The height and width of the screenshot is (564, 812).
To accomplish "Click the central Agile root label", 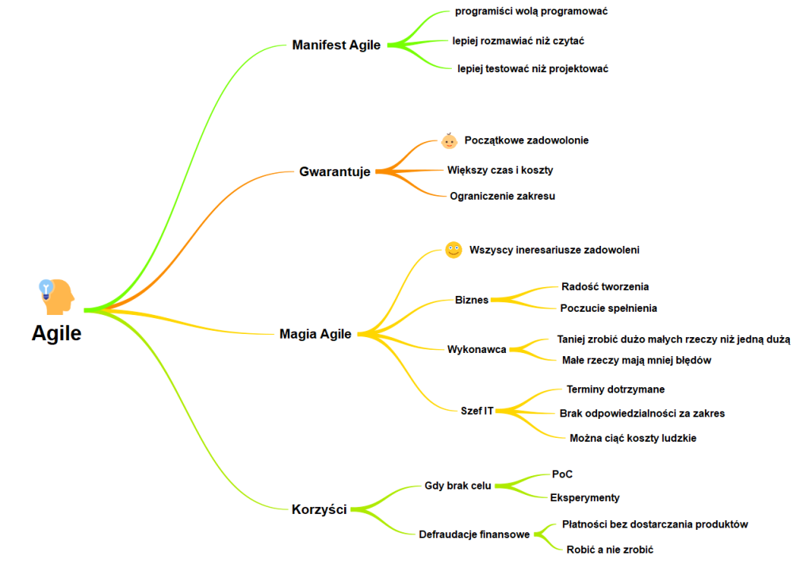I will click(x=56, y=333).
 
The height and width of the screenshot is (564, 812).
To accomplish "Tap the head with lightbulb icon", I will click(x=57, y=295).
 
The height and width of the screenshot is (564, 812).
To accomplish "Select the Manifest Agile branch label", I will click(x=336, y=45).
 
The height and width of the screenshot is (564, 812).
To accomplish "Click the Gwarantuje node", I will click(x=335, y=171).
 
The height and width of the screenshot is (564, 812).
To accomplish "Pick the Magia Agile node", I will click(x=315, y=334).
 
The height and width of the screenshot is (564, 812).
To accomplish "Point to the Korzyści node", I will click(x=319, y=509).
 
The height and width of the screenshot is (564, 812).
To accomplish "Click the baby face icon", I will click(x=450, y=141).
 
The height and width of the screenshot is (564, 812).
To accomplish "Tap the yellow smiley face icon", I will click(x=453, y=250).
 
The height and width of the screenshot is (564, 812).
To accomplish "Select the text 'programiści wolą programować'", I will click(x=531, y=11).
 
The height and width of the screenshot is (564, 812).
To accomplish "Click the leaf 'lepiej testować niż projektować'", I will click(x=533, y=69).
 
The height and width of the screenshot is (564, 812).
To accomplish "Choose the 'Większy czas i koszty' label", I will click(x=500, y=170).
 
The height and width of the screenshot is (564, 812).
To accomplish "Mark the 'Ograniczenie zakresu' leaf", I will click(x=503, y=196).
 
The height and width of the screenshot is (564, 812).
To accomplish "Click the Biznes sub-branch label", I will click(x=472, y=300).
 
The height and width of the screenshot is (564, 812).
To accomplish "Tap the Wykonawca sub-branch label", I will click(x=477, y=349).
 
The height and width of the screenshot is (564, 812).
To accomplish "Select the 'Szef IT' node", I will click(x=477, y=410).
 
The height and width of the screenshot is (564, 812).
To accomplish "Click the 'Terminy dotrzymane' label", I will click(x=615, y=389).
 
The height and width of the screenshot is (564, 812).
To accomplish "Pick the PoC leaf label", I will click(x=562, y=474).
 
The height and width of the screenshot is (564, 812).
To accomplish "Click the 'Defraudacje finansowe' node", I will click(x=474, y=534).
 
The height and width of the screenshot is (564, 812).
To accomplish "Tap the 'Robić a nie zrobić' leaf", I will click(x=610, y=549).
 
